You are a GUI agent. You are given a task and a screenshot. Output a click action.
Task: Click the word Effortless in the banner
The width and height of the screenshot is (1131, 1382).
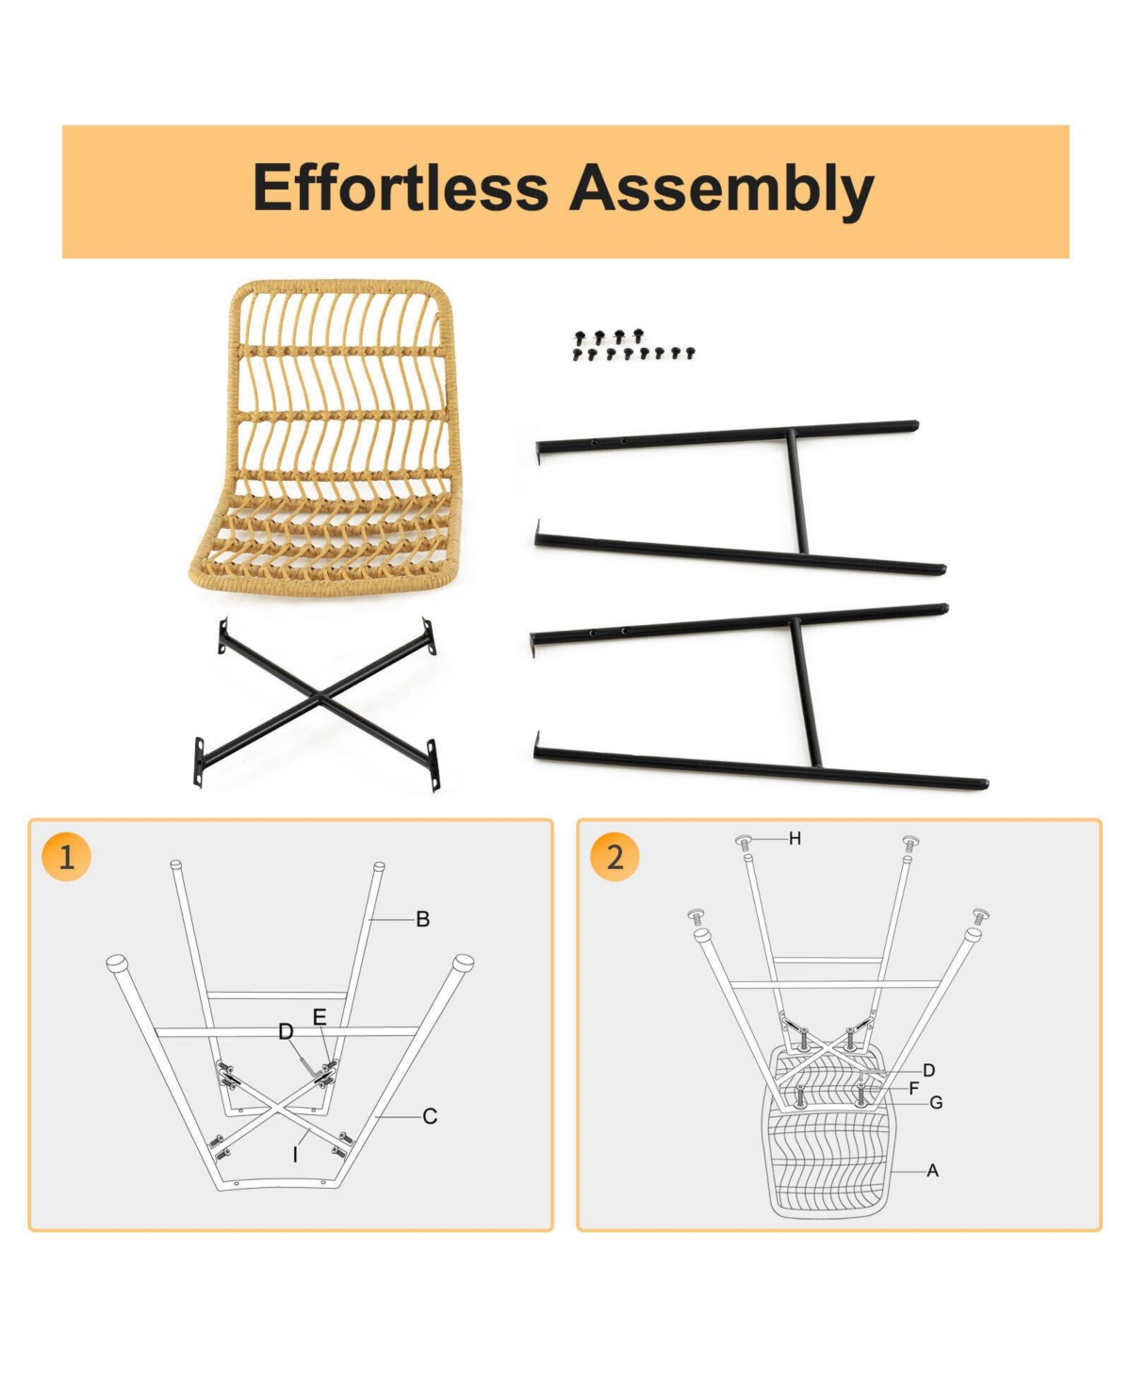(x=401, y=188)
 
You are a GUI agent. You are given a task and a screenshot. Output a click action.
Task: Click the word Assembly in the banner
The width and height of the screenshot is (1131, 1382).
(x=721, y=190)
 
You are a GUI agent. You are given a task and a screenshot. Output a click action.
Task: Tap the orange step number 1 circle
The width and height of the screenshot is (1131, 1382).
(x=66, y=858)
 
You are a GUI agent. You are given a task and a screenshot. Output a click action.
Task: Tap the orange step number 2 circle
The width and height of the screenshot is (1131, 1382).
(x=615, y=858)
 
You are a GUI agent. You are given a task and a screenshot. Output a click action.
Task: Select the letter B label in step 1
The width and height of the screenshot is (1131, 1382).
(x=423, y=919)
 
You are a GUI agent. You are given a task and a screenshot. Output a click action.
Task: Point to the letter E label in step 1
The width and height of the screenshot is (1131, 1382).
(x=320, y=1017)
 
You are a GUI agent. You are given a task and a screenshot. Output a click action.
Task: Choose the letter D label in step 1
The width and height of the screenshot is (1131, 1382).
(x=286, y=1032)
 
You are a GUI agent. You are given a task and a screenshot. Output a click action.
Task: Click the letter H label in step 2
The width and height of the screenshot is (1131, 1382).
(x=795, y=839)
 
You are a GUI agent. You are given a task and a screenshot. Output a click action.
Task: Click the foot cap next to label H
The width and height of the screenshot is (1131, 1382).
(x=745, y=842)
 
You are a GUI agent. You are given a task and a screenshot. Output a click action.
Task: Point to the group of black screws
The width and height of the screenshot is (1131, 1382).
(x=633, y=346)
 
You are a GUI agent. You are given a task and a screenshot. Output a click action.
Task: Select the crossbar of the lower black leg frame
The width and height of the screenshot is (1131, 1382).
(x=805, y=693)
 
